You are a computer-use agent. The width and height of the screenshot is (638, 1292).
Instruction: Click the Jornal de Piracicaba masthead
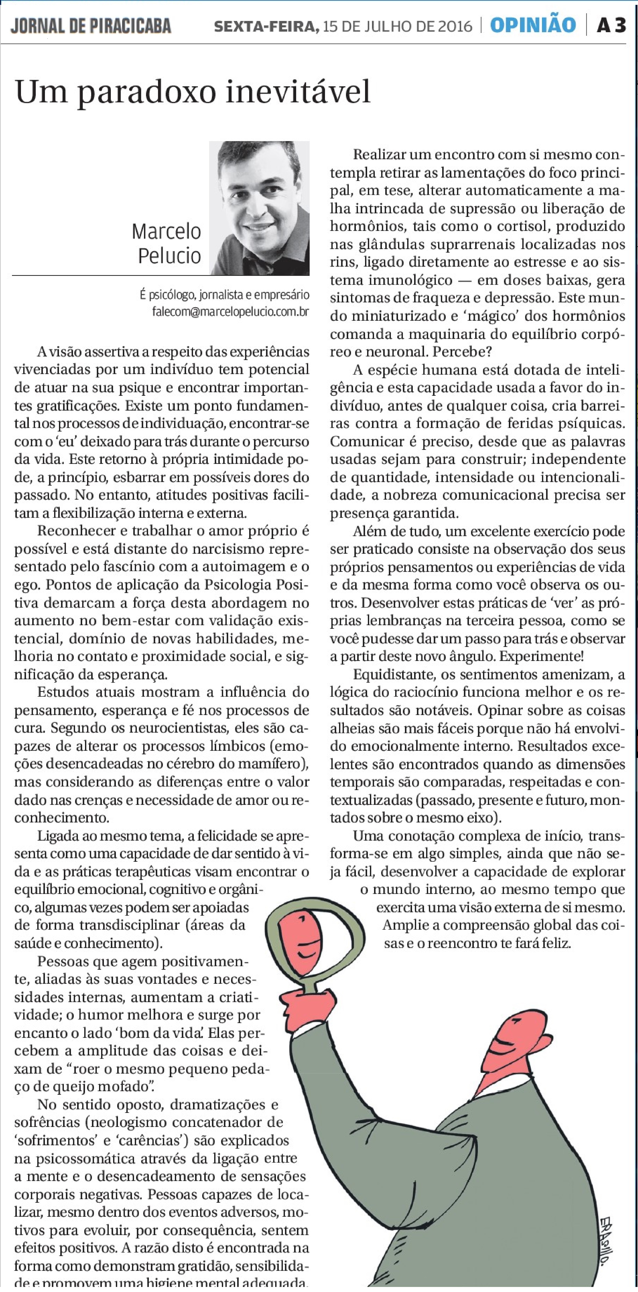[91, 26]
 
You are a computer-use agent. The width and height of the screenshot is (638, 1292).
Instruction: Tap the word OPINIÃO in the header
[533, 25]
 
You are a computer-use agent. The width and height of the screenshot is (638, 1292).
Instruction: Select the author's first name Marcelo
[166, 232]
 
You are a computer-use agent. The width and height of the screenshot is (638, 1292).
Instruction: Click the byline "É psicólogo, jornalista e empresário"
[224, 295]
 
